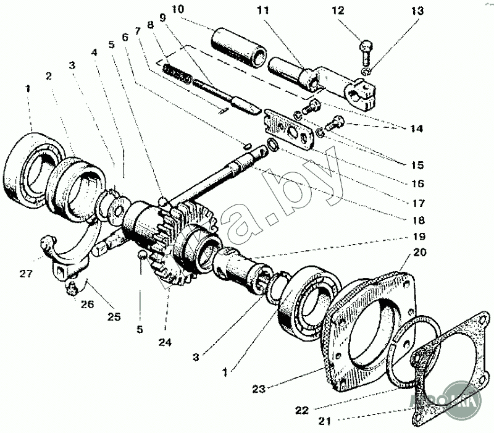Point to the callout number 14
point(415,128)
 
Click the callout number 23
point(260,389)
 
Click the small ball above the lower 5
point(141,254)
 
